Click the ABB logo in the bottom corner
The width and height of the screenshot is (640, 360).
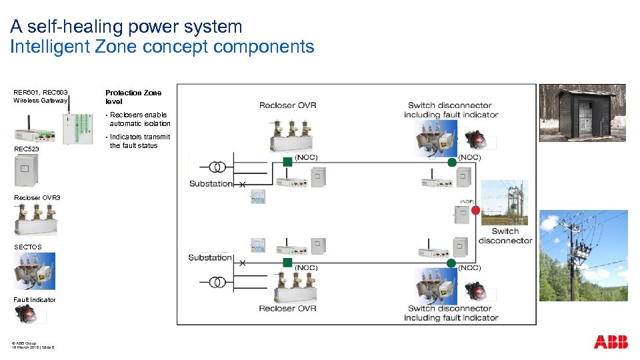pyautogui.click(x=611, y=342)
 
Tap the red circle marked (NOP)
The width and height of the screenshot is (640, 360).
pyautogui.click(x=475, y=211)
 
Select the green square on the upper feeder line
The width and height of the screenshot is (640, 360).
pyautogui.click(x=287, y=161)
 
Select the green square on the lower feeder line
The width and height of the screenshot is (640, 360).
pyautogui.click(x=287, y=262)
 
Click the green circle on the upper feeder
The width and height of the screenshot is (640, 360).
pyautogui.click(x=452, y=162)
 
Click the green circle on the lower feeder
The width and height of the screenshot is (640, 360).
pyautogui.click(x=452, y=262)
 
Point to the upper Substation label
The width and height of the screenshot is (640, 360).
pyautogui.click(x=211, y=183)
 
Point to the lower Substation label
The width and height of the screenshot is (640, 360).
pyautogui.click(x=210, y=257)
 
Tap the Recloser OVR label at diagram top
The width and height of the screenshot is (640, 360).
pyautogui.click(x=287, y=105)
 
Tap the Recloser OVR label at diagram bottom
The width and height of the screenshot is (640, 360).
pyautogui.click(x=287, y=309)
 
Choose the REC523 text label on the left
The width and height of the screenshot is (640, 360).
pyautogui.click(x=27, y=149)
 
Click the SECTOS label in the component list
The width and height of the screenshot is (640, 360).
pyautogui.click(x=27, y=247)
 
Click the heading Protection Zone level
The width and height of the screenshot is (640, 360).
pyautogui.click(x=133, y=97)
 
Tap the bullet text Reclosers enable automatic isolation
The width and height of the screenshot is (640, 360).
pyautogui.click(x=139, y=119)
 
